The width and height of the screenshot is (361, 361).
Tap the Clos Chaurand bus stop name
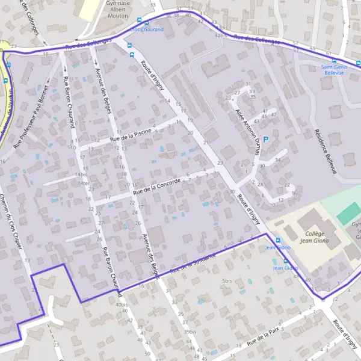143,29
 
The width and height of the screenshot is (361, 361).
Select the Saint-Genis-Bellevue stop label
333,69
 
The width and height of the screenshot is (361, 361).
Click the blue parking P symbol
266,139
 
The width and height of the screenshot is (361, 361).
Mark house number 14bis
82,174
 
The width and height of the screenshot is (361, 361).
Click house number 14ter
83,183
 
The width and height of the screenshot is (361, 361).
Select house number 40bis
122,304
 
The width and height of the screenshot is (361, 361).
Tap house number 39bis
190,332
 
